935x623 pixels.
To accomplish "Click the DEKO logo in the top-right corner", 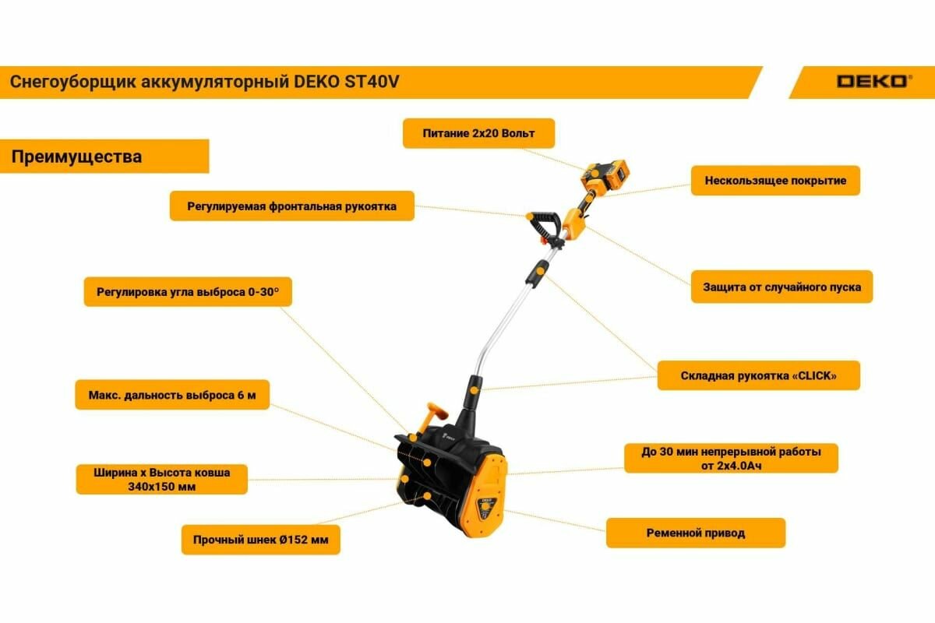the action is [x=871, y=81].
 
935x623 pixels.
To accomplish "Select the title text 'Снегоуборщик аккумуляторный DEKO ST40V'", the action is [x=205, y=82].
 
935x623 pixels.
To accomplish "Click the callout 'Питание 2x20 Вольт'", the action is [x=478, y=133].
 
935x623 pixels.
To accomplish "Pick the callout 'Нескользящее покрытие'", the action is [x=774, y=181].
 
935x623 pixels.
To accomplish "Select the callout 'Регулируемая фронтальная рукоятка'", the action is [x=291, y=206].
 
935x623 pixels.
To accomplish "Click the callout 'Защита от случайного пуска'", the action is [x=782, y=287].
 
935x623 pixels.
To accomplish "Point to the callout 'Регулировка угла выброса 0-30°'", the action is [x=188, y=292].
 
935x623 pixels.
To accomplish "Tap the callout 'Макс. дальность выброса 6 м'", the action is [x=172, y=395].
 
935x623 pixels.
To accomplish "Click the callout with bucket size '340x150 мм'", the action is [x=161, y=480].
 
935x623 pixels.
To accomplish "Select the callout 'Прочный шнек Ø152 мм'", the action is [x=260, y=539].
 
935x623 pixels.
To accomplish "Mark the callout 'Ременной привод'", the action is [x=695, y=533].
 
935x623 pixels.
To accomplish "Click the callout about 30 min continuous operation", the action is [x=730, y=458].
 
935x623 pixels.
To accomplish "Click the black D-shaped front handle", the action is [x=543, y=226].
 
